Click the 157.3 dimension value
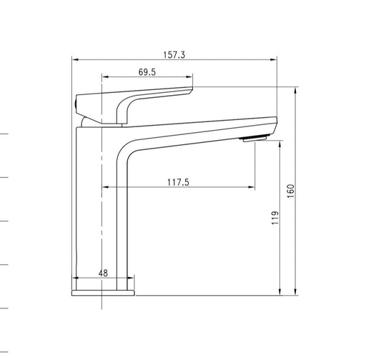click(x=174, y=54)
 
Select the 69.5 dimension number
click(x=147, y=71)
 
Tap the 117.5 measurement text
click(x=177, y=182)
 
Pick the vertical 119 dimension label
click(x=275, y=218)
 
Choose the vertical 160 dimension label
click(x=291, y=191)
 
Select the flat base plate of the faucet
click(x=103, y=292)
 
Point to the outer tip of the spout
click(x=274, y=121)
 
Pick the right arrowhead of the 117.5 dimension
click(x=251, y=188)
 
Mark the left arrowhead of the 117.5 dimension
click(x=107, y=188)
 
